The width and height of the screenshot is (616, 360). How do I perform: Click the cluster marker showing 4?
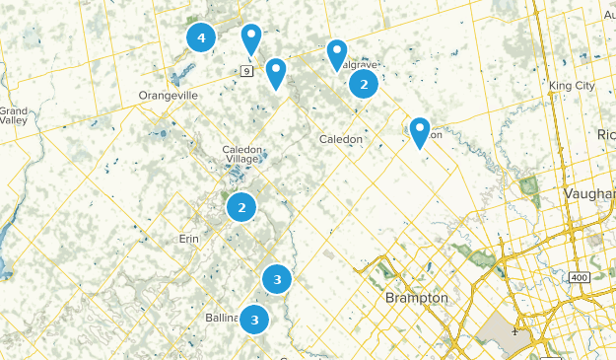tap(201, 37)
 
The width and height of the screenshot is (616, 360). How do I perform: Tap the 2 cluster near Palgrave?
tap(365, 84)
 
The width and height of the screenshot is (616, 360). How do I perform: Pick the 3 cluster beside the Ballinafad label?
tap(255, 319)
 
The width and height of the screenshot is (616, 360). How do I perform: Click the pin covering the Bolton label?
tap(420, 131)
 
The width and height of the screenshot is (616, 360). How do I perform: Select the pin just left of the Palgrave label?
tap(337, 54)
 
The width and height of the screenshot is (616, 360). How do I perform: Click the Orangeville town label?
tap(169, 96)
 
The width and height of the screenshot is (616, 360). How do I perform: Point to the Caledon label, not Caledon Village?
tap(341, 139)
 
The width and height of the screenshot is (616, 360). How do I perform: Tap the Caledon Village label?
tap(241, 154)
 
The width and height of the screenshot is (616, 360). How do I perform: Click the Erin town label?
tap(188, 238)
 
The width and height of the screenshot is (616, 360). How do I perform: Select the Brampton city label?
tap(417, 297)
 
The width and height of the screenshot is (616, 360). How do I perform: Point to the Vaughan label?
tap(590, 194)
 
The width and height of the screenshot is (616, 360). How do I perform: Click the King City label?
tap(573, 86)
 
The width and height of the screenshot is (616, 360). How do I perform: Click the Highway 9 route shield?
tap(246, 70)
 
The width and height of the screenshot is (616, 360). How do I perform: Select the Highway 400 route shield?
tap(580, 277)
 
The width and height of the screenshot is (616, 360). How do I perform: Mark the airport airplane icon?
tap(514, 324)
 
